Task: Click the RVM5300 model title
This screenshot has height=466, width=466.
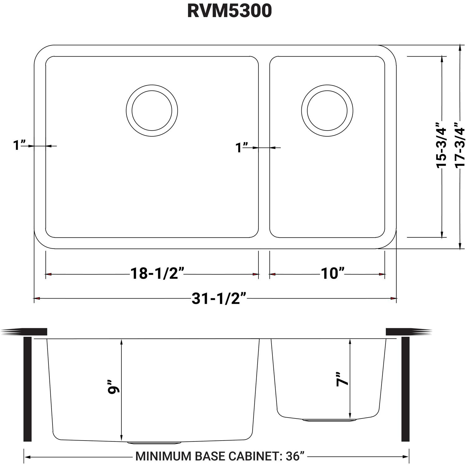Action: click(229, 11)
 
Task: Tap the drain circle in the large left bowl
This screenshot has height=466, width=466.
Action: click(152, 110)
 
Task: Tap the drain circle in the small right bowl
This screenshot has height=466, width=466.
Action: click(327, 110)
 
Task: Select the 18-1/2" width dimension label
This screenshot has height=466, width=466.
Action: click(158, 273)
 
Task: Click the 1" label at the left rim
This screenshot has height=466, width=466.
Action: click(19, 145)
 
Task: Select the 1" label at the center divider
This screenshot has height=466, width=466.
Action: click(242, 147)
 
